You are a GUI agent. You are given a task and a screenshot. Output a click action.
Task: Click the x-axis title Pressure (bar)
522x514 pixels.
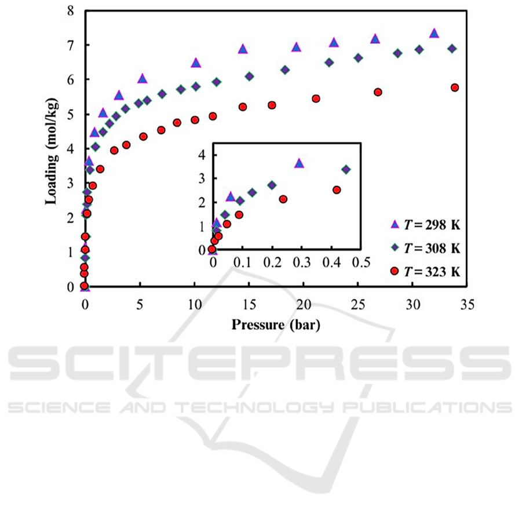tap(275, 324)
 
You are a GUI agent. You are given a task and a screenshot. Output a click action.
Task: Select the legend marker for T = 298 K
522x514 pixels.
tap(395, 224)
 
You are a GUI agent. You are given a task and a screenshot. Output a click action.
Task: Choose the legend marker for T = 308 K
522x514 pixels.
tap(395, 247)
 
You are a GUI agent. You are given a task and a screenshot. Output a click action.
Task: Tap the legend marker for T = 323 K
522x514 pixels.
tap(395, 270)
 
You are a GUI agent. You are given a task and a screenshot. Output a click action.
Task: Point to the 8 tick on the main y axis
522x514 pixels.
tap(70, 11)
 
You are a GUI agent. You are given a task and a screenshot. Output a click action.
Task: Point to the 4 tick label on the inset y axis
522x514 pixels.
tap(203, 155)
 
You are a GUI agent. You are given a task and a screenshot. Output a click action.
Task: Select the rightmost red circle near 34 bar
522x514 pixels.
tap(455, 88)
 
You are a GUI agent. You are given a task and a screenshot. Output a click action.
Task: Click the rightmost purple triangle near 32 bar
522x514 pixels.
tap(434, 34)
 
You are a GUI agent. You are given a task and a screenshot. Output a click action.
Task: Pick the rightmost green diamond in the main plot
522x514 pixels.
tap(452, 49)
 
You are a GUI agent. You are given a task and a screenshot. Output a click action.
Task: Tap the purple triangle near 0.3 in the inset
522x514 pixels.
tap(299, 163)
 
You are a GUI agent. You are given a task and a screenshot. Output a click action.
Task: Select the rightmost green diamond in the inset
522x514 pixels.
tap(346, 169)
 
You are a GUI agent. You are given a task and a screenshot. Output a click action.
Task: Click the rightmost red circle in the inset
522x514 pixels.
tap(337, 189)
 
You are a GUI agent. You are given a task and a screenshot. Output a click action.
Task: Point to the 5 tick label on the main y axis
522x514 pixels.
tap(70, 115)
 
